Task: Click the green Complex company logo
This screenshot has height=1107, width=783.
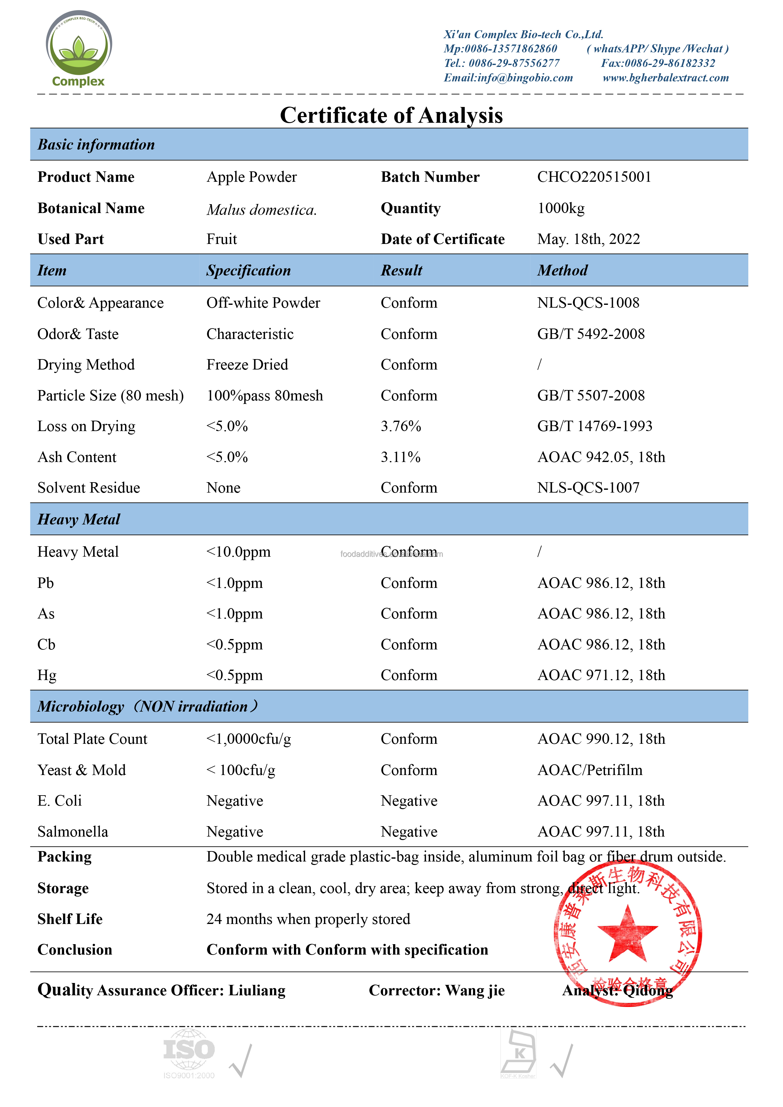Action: tap(79, 48)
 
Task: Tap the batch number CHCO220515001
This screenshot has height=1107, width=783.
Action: tap(594, 177)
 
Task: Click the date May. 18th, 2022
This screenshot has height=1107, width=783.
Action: tap(589, 239)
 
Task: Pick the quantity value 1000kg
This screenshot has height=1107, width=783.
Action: tap(561, 208)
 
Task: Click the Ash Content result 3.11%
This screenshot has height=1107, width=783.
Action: tap(400, 457)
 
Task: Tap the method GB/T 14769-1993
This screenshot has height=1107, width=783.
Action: tap(595, 426)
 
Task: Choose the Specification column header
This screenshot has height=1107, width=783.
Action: tap(248, 270)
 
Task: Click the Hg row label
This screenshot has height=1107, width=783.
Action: tap(47, 675)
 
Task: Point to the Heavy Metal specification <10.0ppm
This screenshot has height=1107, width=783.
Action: tap(238, 552)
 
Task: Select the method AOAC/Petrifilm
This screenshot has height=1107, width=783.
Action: tap(589, 770)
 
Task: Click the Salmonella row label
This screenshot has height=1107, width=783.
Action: tap(73, 832)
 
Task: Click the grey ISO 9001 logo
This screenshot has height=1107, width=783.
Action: tap(188, 1052)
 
